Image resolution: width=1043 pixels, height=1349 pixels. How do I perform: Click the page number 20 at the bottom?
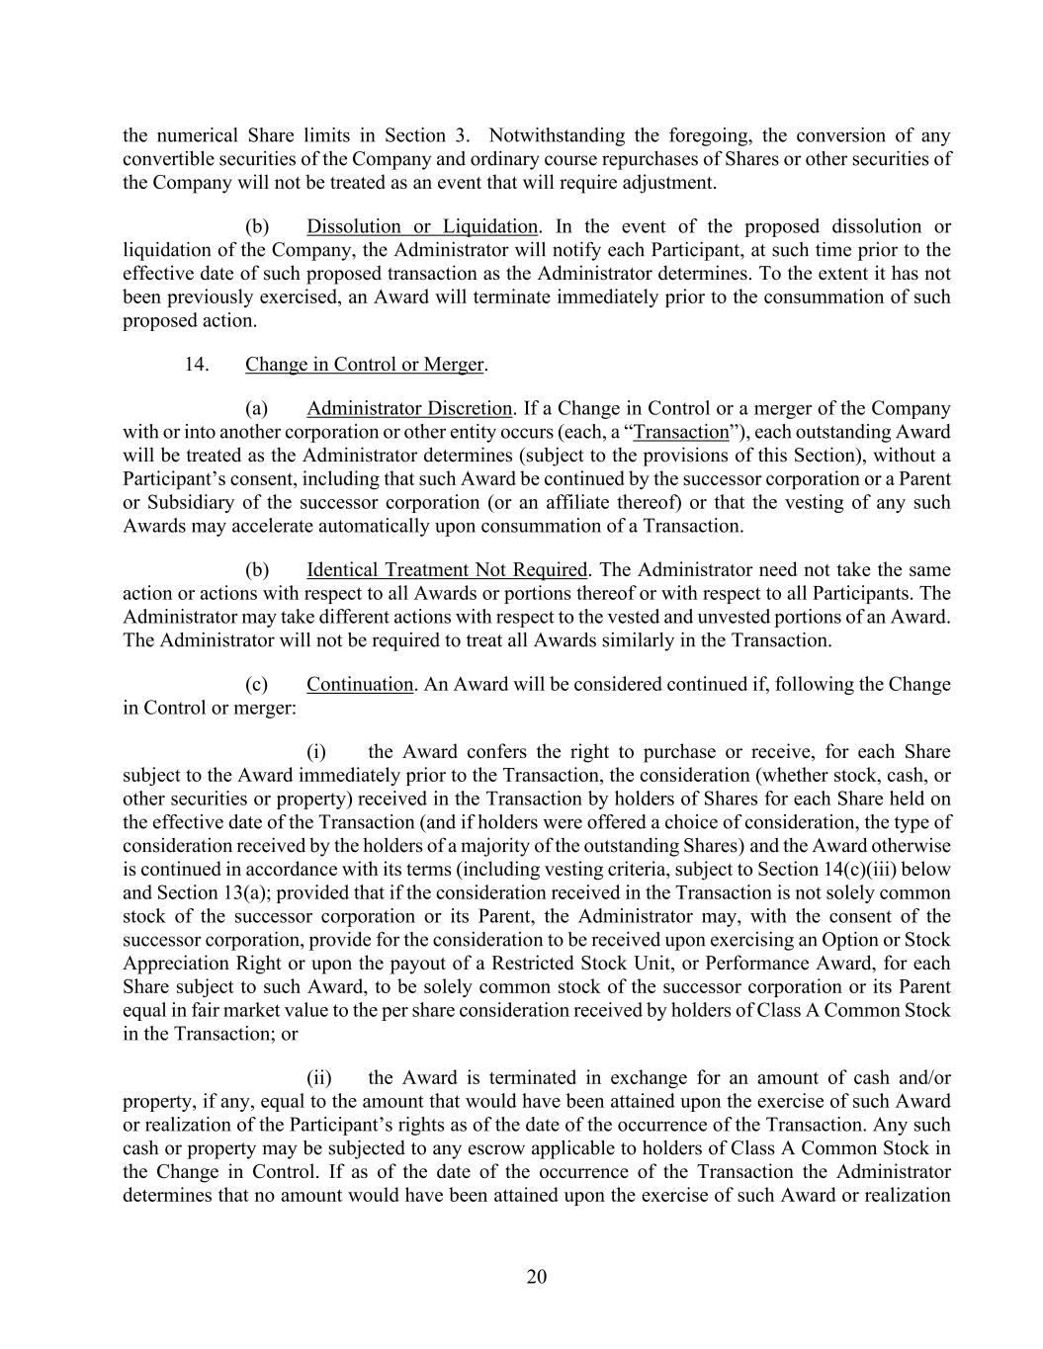click(x=536, y=1276)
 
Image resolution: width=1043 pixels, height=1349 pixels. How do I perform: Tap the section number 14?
click(x=196, y=364)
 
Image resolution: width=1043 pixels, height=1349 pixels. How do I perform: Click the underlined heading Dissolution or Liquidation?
click(x=422, y=226)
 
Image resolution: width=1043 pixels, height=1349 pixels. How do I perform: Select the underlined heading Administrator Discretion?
click(x=409, y=408)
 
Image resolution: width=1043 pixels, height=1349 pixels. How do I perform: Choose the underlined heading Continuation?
click(x=360, y=684)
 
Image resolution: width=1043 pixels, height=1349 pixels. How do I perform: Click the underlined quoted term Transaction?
click(x=680, y=432)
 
